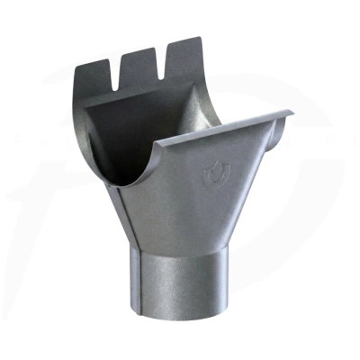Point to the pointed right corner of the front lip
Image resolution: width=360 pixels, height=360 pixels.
pos(291,113)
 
